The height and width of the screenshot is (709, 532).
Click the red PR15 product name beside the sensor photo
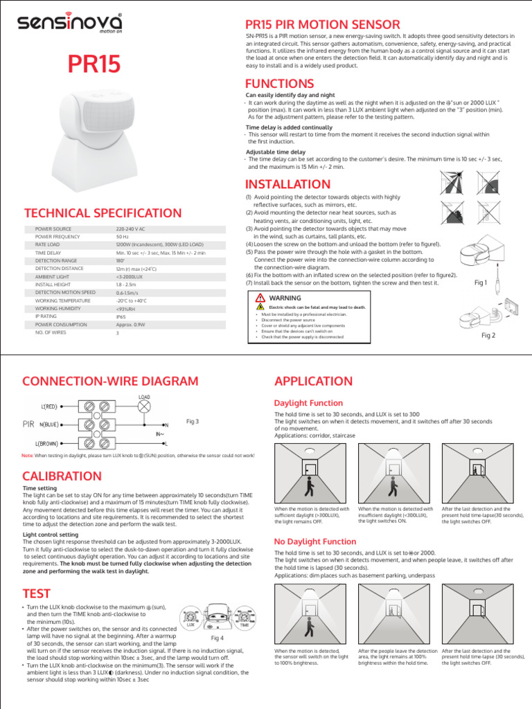[x=94, y=65]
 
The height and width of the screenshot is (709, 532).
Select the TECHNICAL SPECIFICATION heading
[x=103, y=213]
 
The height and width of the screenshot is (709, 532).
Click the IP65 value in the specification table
[x=121, y=315]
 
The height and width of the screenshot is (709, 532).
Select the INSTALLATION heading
[x=288, y=184]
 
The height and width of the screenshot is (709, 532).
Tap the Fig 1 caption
[x=481, y=282]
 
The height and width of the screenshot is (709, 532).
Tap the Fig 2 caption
[x=488, y=335]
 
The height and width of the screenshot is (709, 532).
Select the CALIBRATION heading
[x=62, y=476]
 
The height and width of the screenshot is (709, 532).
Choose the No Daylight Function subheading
[x=315, y=541]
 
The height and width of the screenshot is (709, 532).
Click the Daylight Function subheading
[x=308, y=403]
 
